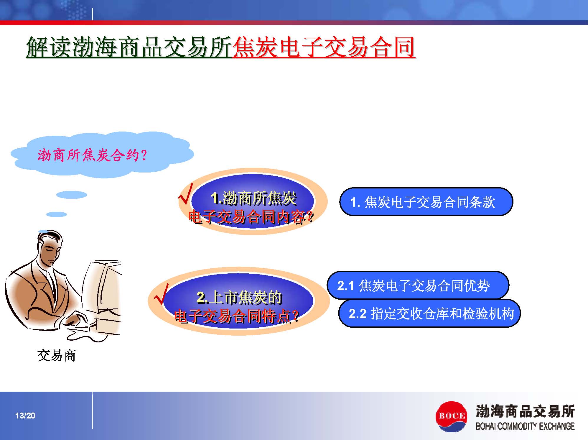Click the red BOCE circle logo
pyautogui.click(x=451, y=416)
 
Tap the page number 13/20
pyautogui.click(x=25, y=416)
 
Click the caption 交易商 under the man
pyautogui.click(x=57, y=356)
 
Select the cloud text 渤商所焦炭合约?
pyautogui.click(x=92, y=155)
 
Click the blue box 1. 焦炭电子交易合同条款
pyautogui.click(x=426, y=202)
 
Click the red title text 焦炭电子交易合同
pyautogui.click(x=324, y=47)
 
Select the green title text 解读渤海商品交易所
pyautogui.click(x=129, y=47)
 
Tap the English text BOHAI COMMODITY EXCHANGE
pyautogui.click(x=525, y=426)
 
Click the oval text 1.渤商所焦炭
pyautogui.click(x=254, y=198)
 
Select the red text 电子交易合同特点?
pyautogui.click(x=237, y=316)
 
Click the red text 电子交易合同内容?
pyautogui.click(x=251, y=217)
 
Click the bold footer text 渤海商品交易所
pyautogui.click(x=525, y=411)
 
